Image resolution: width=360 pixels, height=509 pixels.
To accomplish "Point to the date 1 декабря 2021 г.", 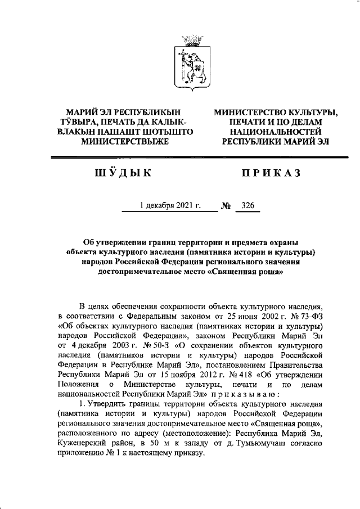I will [170, 206].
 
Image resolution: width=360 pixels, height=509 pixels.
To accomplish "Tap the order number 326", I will [247, 206].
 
